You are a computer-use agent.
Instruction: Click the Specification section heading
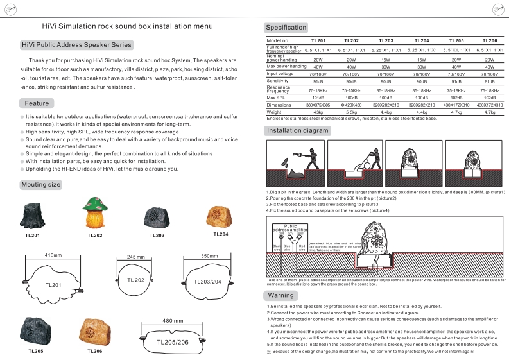pos(286,28)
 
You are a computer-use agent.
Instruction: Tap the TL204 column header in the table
pos(421,40)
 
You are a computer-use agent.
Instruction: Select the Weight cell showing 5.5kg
pos(351,112)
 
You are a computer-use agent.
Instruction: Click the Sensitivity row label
pos(277,81)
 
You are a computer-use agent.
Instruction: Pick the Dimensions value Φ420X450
pos(351,105)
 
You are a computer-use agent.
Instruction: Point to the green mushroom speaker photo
pos(94,213)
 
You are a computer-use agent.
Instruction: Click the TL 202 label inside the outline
pos(135,280)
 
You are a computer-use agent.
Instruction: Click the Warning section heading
pos(280,295)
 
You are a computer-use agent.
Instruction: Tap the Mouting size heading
pos(41,185)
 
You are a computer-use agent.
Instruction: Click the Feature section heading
pos(37,103)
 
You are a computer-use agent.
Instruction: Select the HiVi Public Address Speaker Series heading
pos(76,45)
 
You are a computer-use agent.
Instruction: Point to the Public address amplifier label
pos(291,228)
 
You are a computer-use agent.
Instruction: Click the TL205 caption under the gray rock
pos(37,351)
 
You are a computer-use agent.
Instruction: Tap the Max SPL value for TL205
pos(456,97)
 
